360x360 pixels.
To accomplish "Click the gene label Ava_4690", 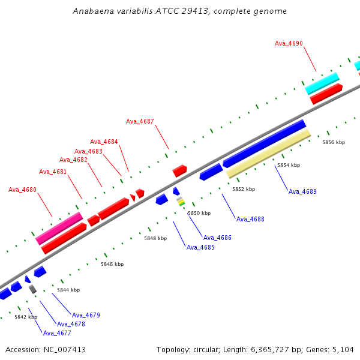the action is pyautogui.click(x=289, y=43).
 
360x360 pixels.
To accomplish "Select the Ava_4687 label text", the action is pyautogui.click(x=140, y=121).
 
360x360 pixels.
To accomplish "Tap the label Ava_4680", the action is pyautogui.click(x=22, y=190).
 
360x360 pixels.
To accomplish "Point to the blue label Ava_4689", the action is pyautogui.click(x=302, y=191).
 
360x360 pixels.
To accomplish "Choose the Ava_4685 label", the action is pyautogui.click(x=200, y=247).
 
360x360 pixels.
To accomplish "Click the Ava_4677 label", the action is pyautogui.click(x=57, y=333).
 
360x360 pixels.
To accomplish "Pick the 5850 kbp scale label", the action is pyautogui.click(x=199, y=213).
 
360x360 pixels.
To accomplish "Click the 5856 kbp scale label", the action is pyautogui.click(x=334, y=142).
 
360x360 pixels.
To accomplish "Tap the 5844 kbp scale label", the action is pyautogui.click(x=68, y=290).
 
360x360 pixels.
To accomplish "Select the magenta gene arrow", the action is pyautogui.click(x=59, y=229).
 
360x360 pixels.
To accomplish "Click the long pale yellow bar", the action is pyautogui.click(x=268, y=154).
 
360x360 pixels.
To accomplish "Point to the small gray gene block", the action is pyautogui.click(x=32, y=289).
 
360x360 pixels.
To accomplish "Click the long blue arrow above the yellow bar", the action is pyautogui.click(x=265, y=143).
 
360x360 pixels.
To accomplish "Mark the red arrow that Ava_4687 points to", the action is pyautogui.click(x=180, y=170).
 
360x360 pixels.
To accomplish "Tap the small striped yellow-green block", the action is pyautogui.click(x=181, y=202).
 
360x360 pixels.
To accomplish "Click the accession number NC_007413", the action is pyautogui.click(x=65, y=350).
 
